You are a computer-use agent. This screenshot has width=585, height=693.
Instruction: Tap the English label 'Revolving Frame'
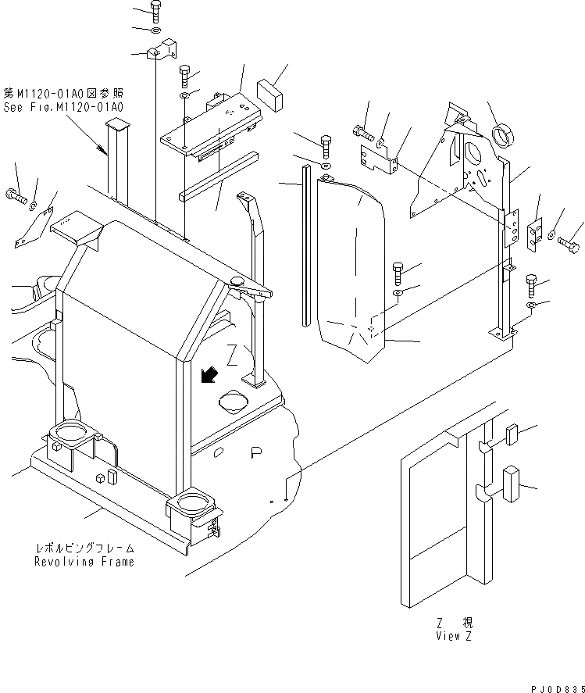pos(84,562)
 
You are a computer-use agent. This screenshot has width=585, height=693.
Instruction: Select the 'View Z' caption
pos(455,635)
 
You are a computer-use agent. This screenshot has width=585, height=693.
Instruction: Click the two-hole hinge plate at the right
pos(535,236)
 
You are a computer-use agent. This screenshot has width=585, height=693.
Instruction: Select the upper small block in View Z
pos(512,435)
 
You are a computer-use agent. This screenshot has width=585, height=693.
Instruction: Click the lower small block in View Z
pos(512,481)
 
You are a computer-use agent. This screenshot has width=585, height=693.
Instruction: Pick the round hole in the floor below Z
pos(234,402)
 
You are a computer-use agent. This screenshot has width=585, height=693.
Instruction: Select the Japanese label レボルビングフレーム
pos(84,548)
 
